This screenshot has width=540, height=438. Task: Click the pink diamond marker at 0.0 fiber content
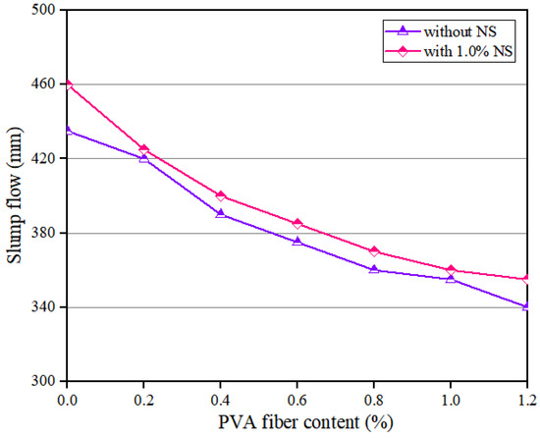point(68,84)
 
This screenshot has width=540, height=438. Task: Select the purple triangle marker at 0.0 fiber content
point(68,130)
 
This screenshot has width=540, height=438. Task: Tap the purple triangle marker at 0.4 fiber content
point(221,213)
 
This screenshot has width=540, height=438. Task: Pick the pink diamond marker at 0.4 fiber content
point(221,195)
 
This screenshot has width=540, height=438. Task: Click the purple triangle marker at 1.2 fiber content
point(527,305)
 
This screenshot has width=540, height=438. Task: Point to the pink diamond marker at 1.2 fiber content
point(527,279)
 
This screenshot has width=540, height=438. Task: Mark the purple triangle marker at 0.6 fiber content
point(297,241)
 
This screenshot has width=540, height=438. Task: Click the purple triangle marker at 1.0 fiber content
point(451,279)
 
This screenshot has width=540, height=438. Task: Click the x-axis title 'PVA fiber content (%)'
point(298,424)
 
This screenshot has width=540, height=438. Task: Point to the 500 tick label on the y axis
point(45,10)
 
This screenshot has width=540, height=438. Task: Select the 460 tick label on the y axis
point(45,84)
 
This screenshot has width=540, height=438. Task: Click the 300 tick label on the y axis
point(45,381)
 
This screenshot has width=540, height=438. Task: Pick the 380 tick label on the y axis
point(45,233)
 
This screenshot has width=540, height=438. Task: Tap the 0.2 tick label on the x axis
point(144,399)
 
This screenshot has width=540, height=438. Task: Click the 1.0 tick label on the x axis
point(451,399)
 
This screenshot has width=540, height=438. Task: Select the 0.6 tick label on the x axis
point(297,399)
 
